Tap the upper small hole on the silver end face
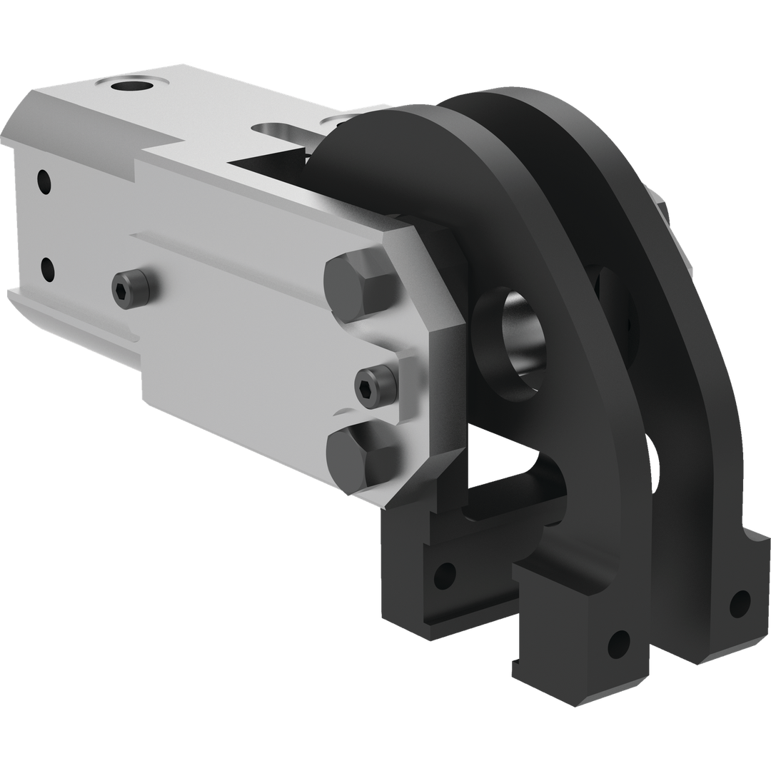click(44, 180)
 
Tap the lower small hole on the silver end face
click(48, 269)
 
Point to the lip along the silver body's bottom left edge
click(71, 314)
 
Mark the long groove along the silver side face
click(236, 250)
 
